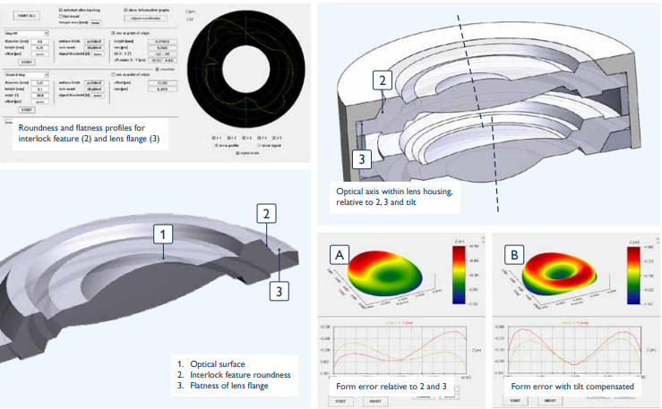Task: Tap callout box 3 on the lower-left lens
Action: coord(280,290)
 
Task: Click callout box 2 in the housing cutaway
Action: coord(383,80)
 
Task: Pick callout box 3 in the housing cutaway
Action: coord(358,160)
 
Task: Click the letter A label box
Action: coord(340,254)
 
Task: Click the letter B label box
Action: coord(513,254)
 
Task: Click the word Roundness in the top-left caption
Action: coord(42,128)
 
